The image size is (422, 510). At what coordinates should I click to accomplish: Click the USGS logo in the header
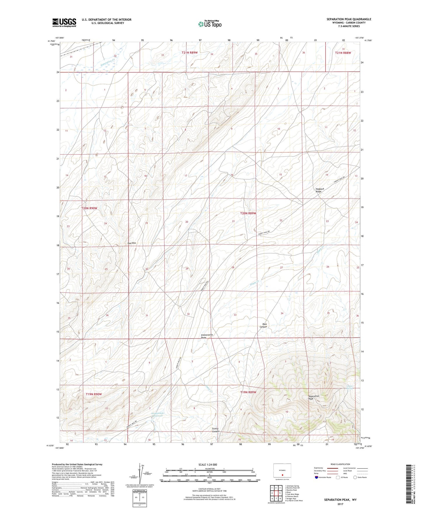point(64,22)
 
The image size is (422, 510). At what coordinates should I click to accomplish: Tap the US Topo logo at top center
point(210,24)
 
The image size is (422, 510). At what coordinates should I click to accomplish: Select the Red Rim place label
point(132,243)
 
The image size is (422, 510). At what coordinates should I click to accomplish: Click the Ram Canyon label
point(264,325)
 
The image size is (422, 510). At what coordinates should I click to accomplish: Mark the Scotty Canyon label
point(216,430)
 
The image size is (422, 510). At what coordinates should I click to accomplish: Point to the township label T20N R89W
point(248,213)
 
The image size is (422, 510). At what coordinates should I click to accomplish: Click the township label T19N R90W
point(94,394)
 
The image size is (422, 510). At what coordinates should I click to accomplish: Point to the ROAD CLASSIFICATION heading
point(340,464)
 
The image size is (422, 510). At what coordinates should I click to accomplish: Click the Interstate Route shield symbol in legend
point(317,477)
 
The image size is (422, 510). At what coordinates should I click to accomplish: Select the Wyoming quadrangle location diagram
point(282,471)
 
